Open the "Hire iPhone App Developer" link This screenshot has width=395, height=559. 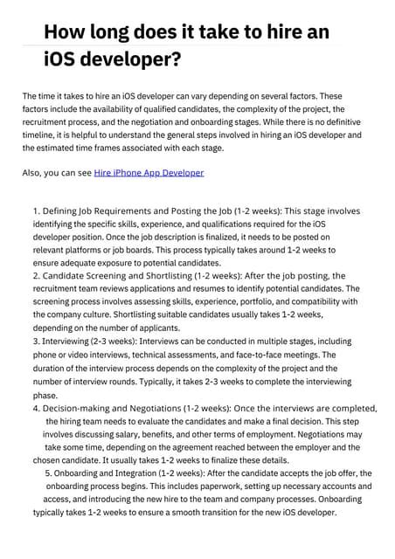tap(149, 173)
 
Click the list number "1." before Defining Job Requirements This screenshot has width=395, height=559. tap(37, 211)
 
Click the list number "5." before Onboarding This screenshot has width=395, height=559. tap(50, 473)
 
